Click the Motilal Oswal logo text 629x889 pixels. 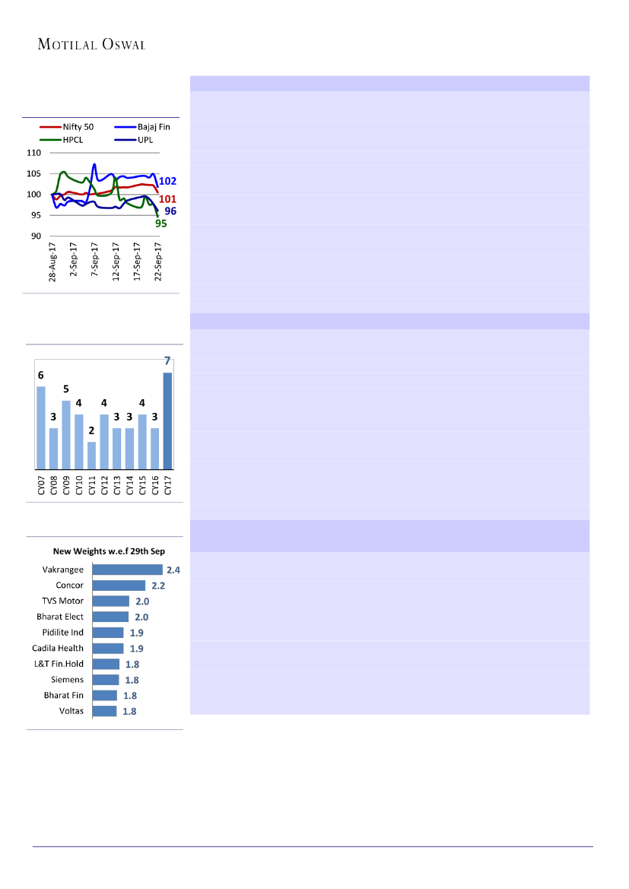pos(91,45)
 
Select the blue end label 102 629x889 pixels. pos(167,182)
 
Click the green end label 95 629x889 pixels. pos(160,224)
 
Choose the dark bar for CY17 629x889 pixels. pos(167,421)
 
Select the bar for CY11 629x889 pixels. pos(92,456)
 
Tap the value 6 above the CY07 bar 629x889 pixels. pos(41,376)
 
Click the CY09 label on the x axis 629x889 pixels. pos(67,486)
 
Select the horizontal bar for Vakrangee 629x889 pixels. pos(127,570)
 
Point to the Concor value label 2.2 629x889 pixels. pos(157,586)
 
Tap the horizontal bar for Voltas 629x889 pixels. pos(104,711)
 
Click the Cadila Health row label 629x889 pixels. pos(58,648)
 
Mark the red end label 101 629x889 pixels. pos(167,199)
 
